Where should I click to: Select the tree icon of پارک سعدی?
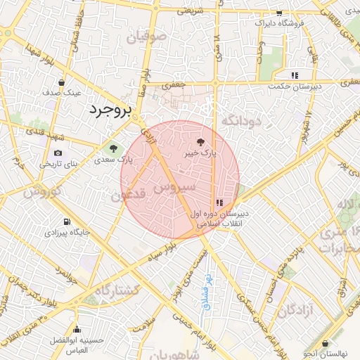pos(112,148)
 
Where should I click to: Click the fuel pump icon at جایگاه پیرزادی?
pos(66,221)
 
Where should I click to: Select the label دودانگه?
pos(241,122)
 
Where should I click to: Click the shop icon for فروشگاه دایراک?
pos(279,13)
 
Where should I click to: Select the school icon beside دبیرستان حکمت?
pos(295,75)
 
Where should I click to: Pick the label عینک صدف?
pos(63,92)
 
